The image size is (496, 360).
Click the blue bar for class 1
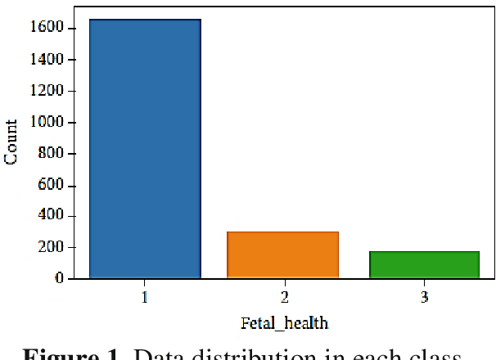coord(145,148)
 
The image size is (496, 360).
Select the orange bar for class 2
coord(282,254)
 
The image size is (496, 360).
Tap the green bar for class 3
coord(423,264)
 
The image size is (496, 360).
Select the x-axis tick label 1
coord(145,297)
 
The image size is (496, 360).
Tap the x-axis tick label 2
coord(283,297)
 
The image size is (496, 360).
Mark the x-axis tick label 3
coord(423,297)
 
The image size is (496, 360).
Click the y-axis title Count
coord(12,142)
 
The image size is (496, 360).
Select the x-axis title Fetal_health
coord(283,322)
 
